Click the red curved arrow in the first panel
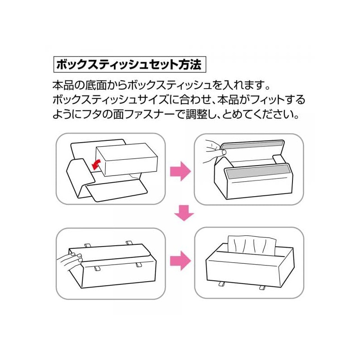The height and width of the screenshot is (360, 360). coord(96,165)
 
